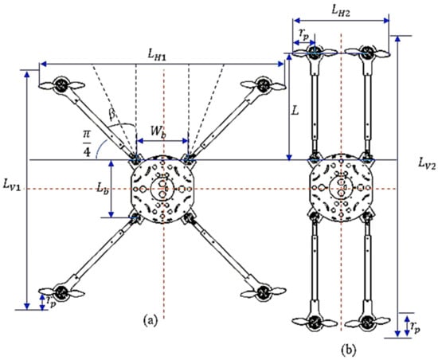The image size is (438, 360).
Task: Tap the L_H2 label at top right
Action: coord(340,11)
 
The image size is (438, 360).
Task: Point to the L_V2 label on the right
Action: coord(427,162)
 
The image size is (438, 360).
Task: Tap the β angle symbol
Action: coord(112,114)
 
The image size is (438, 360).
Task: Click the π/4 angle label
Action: coord(87,144)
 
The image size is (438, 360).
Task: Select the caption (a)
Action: coord(151,320)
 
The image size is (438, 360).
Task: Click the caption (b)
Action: coord(349,350)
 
